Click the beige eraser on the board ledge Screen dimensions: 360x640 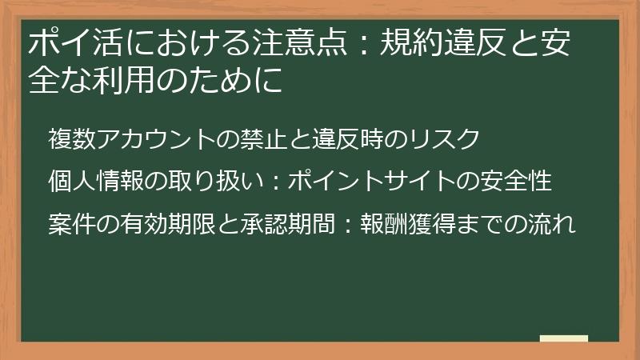click(563, 338)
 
